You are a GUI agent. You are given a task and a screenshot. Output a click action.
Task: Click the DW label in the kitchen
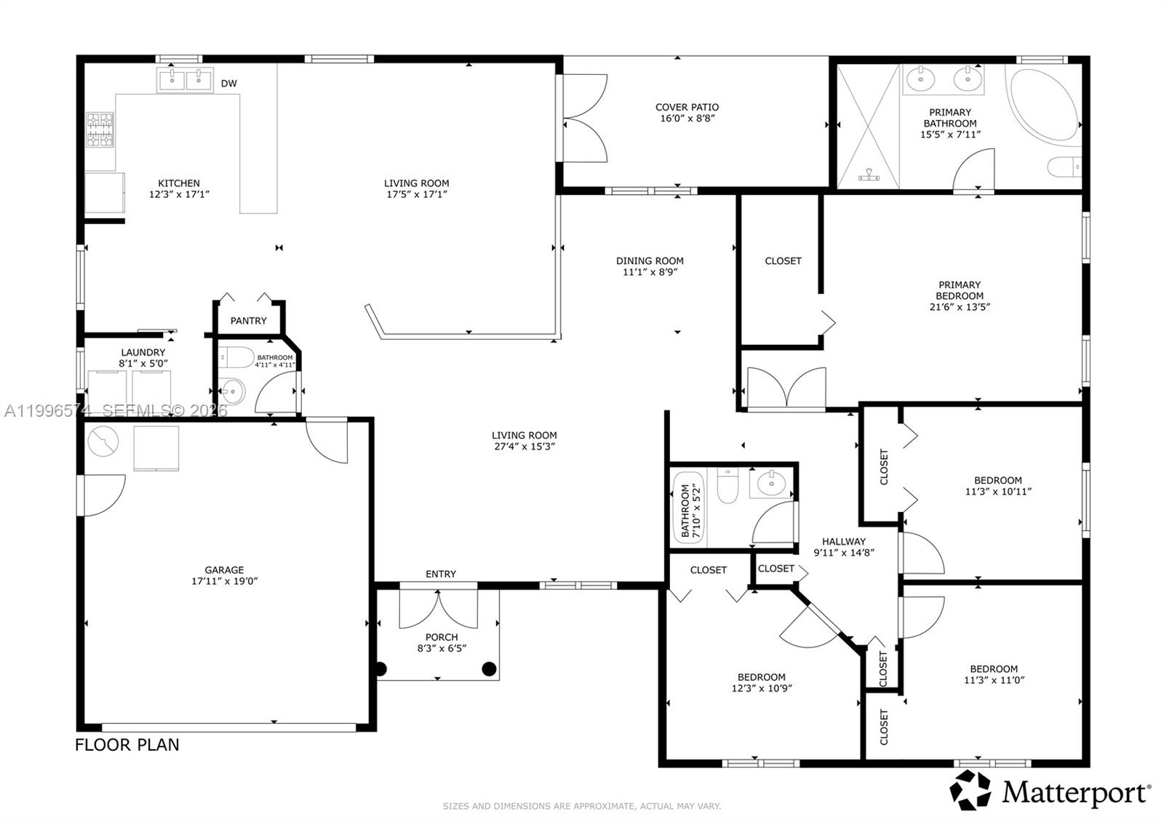tap(229, 84)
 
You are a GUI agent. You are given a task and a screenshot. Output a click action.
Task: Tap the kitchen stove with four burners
tap(100, 129)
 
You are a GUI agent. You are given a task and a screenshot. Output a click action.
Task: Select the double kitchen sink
tap(185, 79)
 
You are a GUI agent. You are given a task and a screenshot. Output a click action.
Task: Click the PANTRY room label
tap(248, 321)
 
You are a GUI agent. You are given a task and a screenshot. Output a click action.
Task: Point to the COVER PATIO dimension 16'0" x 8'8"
tap(687, 119)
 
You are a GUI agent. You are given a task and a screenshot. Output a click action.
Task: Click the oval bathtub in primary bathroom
tap(1042, 105)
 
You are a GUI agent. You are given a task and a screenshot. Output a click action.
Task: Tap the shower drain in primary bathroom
tap(869, 175)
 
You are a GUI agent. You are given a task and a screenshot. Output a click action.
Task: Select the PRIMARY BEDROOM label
tap(960, 290)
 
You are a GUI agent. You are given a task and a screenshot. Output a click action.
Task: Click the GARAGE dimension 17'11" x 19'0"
tap(224, 581)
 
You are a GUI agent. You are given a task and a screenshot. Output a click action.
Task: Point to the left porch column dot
tap(380, 669)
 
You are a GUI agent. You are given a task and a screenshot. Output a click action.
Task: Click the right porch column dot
tap(489, 668)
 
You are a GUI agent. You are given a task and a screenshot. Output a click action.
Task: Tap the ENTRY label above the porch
tap(441, 574)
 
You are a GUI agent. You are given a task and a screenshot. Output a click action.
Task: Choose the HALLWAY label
tap(844, 541)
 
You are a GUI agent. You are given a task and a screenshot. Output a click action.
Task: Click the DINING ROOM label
tap(650, 260)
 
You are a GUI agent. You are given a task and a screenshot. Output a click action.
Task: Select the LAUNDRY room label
tap(143, 352)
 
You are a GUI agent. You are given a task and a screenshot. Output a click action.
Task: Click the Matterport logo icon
tap(970, 791)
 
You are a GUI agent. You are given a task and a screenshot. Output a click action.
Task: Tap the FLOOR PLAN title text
tap(127, 745)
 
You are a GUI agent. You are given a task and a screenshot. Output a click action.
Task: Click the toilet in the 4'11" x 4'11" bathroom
tap(236, 358)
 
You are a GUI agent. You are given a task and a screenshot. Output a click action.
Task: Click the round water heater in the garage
tap(103, 442)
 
